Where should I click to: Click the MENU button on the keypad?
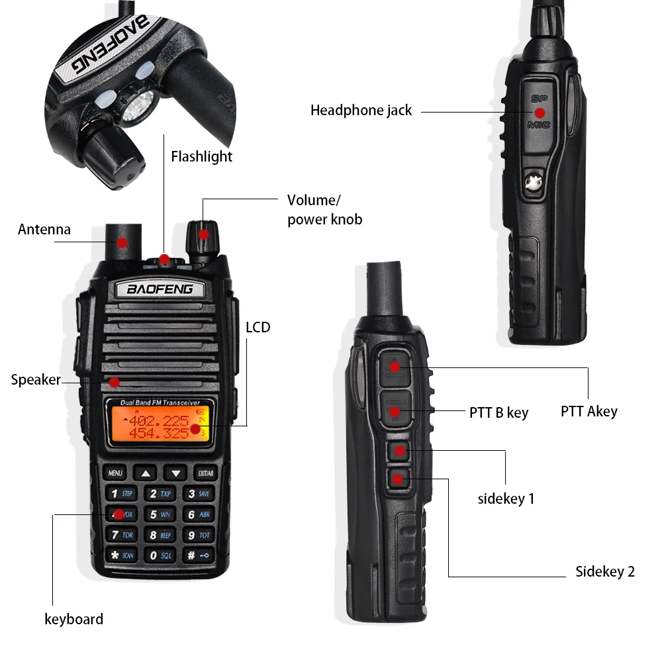(115, 473)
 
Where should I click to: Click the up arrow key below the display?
(146, 473)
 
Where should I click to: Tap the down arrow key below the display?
(175, 473)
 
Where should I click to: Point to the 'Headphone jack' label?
(361, 111)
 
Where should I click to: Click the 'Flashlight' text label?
(201, 157)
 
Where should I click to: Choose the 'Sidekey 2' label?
(604, 572)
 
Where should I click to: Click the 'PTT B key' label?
(498, 413)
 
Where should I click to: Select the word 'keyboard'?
(73, 620)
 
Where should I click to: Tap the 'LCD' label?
(258, 327)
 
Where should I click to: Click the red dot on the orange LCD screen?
(195, 428)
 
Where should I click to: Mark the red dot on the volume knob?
(204, 234)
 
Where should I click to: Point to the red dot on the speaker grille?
(115, 382)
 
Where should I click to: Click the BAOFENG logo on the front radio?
(160, 289)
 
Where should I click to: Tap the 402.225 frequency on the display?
(159, 421)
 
